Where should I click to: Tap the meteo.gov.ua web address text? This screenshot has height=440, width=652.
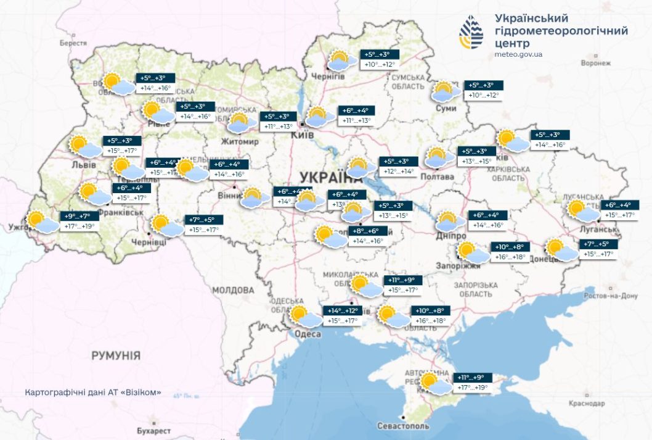click(x=518, y=55)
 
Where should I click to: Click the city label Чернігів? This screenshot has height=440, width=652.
click(x=328, y=76)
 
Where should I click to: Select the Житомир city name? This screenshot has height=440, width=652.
click(x=240, y=142)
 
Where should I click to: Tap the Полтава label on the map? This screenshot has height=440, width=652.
click(x=437, y=177)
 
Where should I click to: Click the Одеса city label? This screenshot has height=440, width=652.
click(x=308, y=334)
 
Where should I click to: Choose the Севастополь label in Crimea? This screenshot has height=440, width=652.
click(x=403, y=426)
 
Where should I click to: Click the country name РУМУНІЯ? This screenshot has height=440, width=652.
click(x=116, y=355)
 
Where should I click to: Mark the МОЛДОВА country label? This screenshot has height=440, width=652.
click(x=232, y=290)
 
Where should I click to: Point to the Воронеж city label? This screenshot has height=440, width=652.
click(x=595, y=63)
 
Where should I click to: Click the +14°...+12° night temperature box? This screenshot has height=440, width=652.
click(x=343, y=310)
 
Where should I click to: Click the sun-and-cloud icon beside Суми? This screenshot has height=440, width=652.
click(x=445, y=91)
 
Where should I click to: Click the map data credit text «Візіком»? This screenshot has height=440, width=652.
click(x=93, y=392)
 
